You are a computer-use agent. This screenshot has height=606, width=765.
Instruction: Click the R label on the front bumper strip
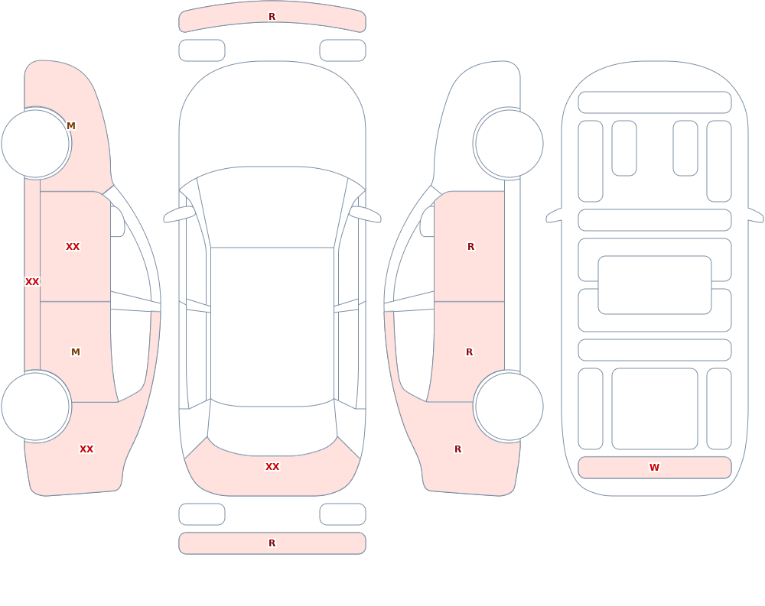point(272,17)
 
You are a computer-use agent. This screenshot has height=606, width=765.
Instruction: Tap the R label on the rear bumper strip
point(272,543)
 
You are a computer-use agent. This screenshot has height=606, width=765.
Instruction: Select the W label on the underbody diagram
point(654,468)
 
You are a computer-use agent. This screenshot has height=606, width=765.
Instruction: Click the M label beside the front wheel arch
point(71,126)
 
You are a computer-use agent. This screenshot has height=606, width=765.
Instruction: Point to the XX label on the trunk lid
point(272,467)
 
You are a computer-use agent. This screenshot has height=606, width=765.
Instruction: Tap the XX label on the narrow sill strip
point(32,281)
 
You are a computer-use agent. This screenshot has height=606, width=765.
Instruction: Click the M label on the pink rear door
point(76,352)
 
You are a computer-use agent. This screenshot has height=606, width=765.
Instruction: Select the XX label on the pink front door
point(73,247)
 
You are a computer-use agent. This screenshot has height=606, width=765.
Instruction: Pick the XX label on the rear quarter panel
point(86,449)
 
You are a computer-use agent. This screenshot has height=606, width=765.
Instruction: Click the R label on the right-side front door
point(470,247)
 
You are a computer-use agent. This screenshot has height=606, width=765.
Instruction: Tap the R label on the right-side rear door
point(470,352)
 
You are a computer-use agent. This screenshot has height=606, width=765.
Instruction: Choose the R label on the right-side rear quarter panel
point(457,449)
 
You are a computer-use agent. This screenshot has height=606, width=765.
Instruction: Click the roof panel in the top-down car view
point(272,326)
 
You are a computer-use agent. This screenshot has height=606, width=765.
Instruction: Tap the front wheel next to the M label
point(36,144)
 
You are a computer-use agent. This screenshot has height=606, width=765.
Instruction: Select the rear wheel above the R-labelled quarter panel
point(509,406)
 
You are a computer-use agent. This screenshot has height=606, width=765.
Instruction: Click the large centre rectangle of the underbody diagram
point(655,285)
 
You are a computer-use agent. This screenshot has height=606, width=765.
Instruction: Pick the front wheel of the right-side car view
point(509,144)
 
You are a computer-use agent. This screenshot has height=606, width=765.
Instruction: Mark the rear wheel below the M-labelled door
point(36,406)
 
